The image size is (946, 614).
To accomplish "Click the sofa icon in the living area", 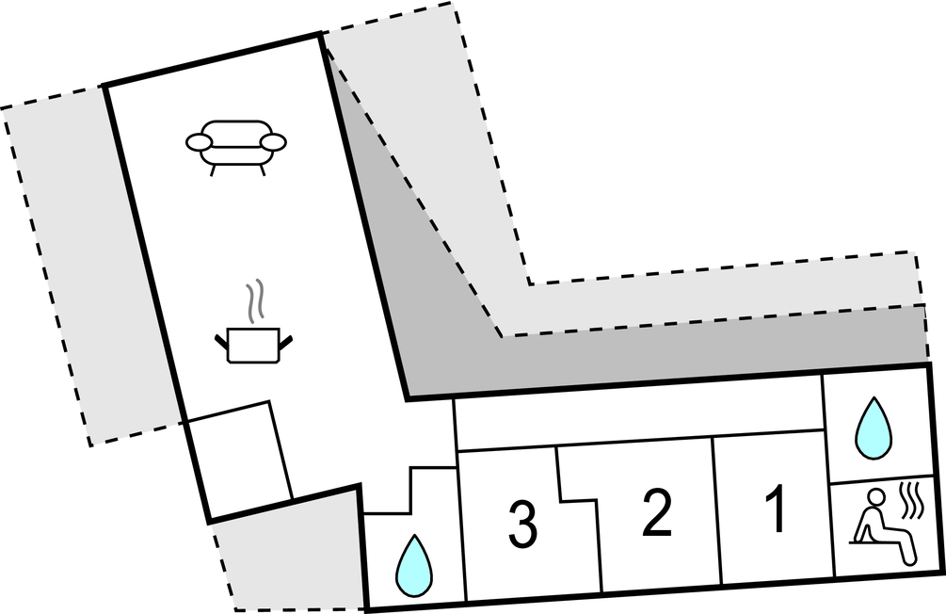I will [236, 146].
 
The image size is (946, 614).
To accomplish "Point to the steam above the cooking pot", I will [255, 300].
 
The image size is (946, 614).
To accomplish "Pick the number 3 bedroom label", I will [522, 525].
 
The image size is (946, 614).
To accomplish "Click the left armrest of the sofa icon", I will [200, 142].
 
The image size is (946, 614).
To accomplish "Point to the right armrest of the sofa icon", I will [273, 142].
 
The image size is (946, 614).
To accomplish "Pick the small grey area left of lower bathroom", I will [287, 556].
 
